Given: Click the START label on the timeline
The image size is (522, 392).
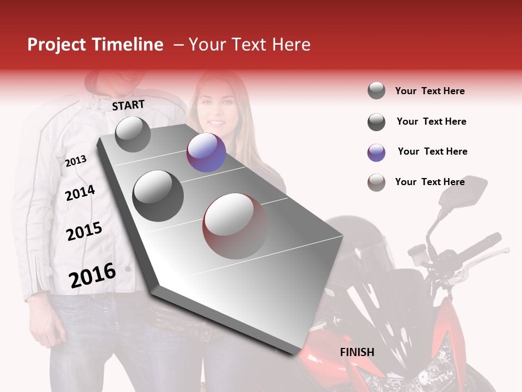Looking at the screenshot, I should pos(128,105).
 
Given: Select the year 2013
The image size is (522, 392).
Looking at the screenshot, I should pos(76,161).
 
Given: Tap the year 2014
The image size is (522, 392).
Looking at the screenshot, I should pos(80,193).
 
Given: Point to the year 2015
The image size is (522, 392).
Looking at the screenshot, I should pos(84,231).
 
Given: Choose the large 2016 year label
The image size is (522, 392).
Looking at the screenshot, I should pos(92,275).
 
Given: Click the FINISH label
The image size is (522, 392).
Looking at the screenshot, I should pos(357,352).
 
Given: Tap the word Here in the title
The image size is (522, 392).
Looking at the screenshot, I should pos(291,45).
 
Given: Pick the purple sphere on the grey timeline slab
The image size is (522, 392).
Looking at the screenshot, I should pos(206,152).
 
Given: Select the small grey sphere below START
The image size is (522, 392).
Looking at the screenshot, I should pos(133,134).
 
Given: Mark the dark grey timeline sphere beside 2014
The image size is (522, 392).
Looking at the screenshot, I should pos(158,195).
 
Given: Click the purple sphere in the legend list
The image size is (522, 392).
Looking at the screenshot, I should pos(376,152).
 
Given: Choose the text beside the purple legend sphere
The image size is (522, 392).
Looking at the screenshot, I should pos(432,151).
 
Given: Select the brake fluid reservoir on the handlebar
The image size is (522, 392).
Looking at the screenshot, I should pos(418,252).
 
